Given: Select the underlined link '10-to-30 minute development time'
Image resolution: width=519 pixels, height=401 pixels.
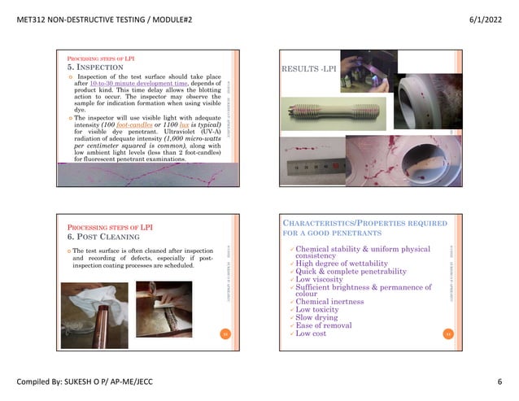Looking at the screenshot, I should (x=135, y=85).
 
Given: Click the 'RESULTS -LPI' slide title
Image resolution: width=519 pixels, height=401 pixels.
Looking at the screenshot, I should (x=307, y=68).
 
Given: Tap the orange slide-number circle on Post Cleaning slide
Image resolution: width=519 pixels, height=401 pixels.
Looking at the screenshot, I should (x=226, y=333).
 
